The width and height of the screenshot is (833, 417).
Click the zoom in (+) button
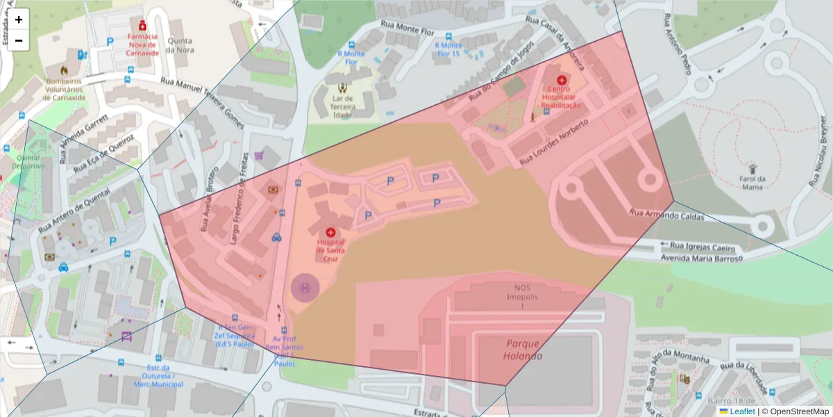[19, 19]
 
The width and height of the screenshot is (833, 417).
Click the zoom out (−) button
[19, 40]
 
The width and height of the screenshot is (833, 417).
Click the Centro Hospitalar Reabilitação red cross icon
[562, 80]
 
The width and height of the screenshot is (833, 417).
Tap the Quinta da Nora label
[180, 45]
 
